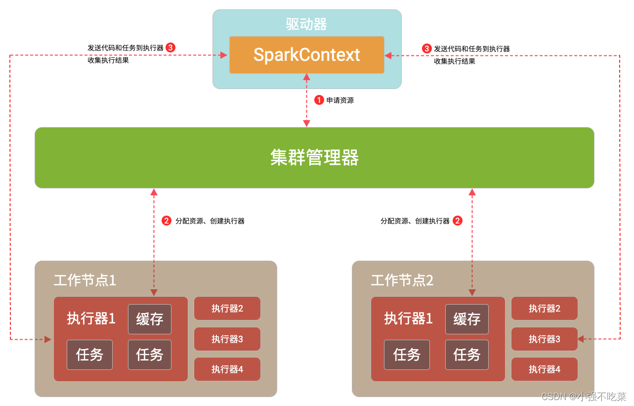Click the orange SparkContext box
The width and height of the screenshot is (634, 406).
(x=306, y=54)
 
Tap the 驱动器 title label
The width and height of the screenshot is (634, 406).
(x=306, y=24)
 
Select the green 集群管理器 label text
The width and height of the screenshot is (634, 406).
(x=314, y=158)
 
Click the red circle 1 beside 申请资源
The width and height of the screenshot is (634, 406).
(x=319, y=100)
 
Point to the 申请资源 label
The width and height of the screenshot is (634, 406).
(x=340, y=100)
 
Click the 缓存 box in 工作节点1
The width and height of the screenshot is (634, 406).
(x=150, y=319)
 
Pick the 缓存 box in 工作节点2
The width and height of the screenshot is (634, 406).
(x=467, y=319)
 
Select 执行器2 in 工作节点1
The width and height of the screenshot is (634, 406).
(x=227, y=309)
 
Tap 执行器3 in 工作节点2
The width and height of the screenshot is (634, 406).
(x=545, y=339)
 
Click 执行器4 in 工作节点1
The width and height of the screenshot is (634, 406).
(x=227, y=369)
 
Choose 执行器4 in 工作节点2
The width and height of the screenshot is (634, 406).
(x=545, y=369)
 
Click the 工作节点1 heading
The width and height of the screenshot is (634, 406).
(x=85, y=280)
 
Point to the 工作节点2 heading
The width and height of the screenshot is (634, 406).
(x=402, y=280)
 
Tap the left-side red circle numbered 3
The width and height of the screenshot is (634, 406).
(x=170, y=47)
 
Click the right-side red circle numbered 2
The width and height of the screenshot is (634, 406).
(x=458, y=221)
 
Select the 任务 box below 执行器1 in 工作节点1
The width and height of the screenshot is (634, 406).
(x=89, y=355)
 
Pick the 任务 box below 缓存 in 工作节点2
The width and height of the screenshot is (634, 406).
(x=467, y=355)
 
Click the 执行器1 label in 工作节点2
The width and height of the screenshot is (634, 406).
(x=408, y=318)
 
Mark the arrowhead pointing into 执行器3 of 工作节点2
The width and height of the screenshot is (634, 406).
(x=581, y=339)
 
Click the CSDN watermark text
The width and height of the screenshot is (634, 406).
(x=584, y=397)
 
